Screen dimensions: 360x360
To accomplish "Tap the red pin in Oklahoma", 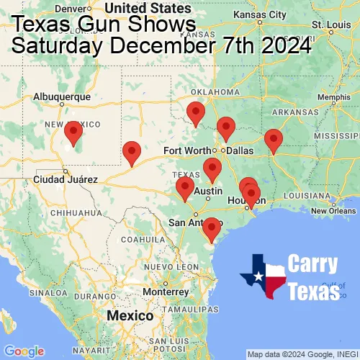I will click(x=195, y=113).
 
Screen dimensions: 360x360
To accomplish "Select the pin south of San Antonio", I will click(x=211, y=229).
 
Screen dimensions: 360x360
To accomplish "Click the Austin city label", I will click(x=209, y=191).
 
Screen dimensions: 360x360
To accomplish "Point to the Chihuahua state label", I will click(x=71, y=213).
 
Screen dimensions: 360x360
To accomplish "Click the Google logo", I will click(x=24, y=351).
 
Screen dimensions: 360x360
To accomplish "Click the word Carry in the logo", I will click(x=312, y=264).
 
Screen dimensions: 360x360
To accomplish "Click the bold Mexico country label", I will click(x=130, y=316).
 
